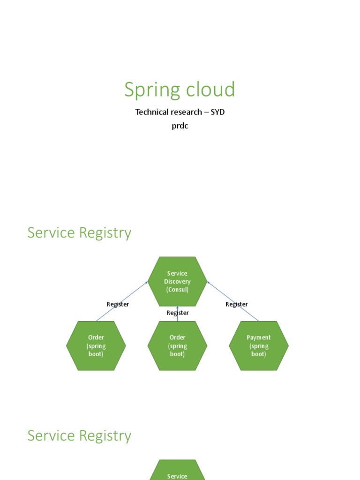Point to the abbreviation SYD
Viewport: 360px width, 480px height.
[x=217, y=112]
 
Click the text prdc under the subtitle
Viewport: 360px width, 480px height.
[x=180, y=126]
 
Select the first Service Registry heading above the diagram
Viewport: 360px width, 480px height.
[x=79, y=232]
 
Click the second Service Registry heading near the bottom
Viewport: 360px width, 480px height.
[x=79, y=435]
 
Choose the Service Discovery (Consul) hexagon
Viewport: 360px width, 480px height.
[x=177, y=281]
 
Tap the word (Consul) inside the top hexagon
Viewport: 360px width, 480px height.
[x=177, y=290]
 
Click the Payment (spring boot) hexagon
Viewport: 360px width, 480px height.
[x=259, y=345]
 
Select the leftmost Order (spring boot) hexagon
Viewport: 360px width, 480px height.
[x=96, y=345]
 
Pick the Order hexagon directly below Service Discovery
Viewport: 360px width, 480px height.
[x=177, y=345]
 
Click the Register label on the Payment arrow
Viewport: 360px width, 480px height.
[x=237, y=304]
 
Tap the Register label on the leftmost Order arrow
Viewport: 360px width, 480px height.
[x=118, y=304]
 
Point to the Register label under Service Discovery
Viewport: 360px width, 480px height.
[x=178, y=313]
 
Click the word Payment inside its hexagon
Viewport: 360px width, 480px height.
[x=259, y=337]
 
